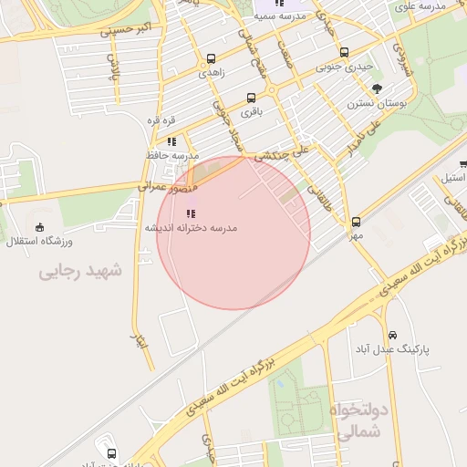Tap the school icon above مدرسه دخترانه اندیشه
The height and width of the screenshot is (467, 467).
(x=190, y=213)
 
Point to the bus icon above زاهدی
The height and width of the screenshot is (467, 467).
(x=212, y=57)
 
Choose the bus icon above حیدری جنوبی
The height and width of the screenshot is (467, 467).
(x=343, y=53)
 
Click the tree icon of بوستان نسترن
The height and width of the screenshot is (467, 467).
(x=378, y=88)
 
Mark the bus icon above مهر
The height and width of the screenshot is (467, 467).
(x=356, y=222)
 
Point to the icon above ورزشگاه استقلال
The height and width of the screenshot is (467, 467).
(x=39, y=228)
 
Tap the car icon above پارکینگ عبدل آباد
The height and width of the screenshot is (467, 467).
(x=393, y=335)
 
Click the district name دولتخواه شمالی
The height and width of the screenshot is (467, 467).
(x=364, y=421)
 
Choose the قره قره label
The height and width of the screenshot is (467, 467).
(x=161, y=120)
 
